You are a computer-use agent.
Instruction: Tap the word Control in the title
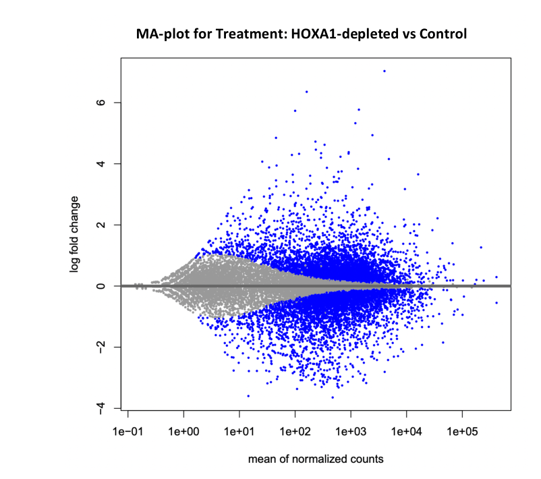(x=443, y=34)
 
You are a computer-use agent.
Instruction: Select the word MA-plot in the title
(x=162, y=34)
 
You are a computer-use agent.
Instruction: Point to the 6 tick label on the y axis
(x=101, y=103)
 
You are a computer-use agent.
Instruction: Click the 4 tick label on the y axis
(x=101, y=163)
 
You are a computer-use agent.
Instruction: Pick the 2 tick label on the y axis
(x=101, y=225)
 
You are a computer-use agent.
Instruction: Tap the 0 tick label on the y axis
(x=101, y=286)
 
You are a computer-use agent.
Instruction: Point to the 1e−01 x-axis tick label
(x=127, y=431)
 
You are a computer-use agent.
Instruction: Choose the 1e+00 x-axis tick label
(x=183, y=431)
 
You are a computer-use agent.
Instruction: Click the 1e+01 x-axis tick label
(x=239, y=431)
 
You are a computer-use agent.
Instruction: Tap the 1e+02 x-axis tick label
(x=295, y=431)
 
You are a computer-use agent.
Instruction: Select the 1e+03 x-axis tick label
(x=351, y=431)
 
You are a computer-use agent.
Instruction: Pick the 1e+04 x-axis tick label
(x=407, y=431)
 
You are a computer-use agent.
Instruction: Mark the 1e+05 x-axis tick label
(x=462, y=431)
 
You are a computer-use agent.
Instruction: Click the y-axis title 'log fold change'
(x=74, y=235)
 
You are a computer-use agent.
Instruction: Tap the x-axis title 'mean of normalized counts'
(x=316, y=459)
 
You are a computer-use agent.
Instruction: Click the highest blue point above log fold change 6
(x=385, y=71)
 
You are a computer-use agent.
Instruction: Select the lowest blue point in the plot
(x=333, y=397)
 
